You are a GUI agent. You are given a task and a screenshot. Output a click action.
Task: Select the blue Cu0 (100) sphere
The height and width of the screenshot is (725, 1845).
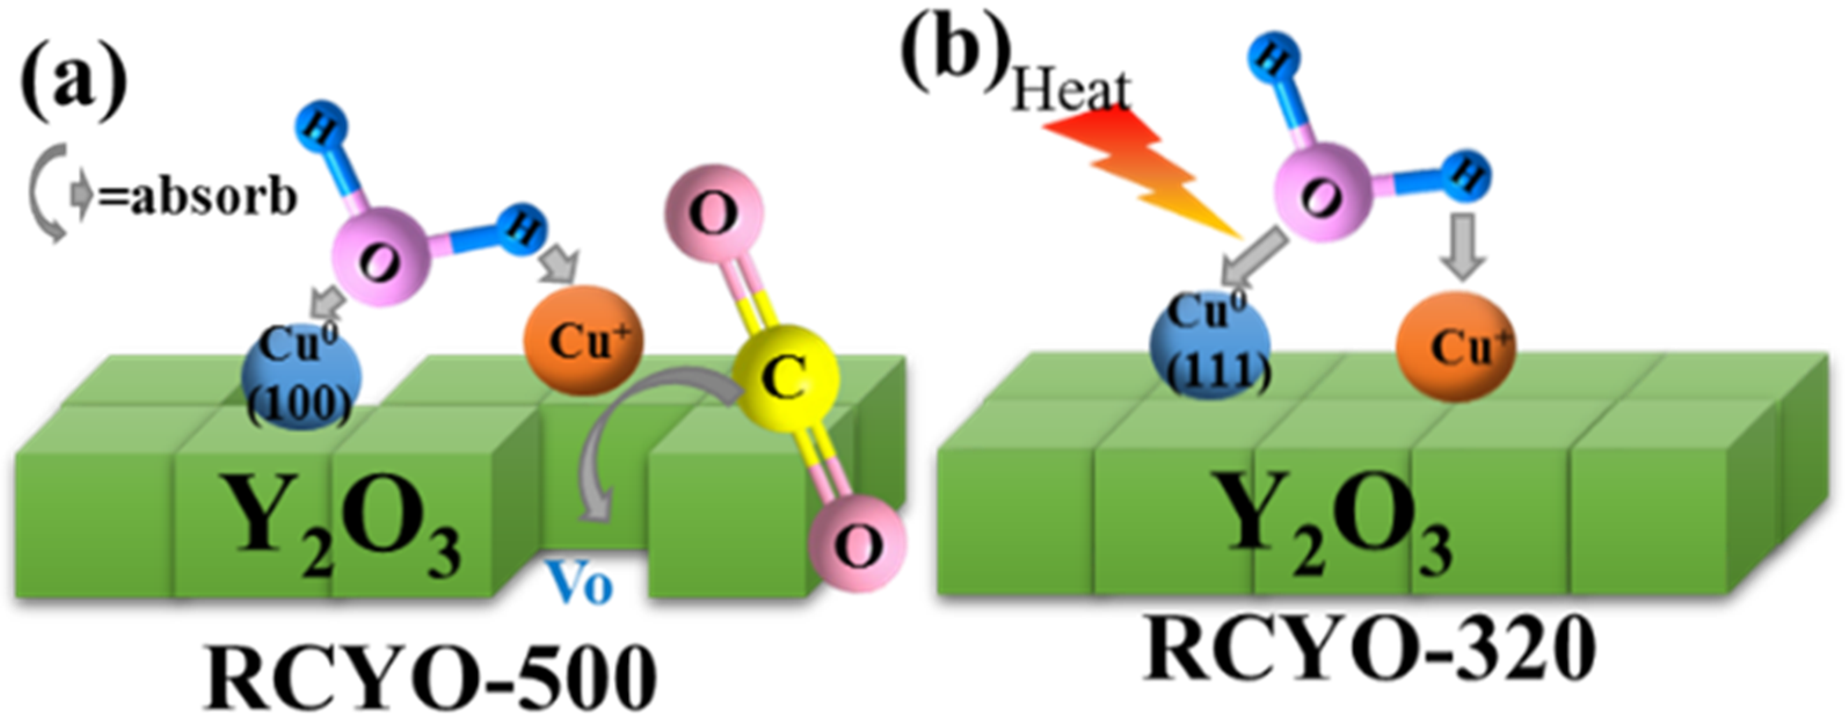[x=301, y=376]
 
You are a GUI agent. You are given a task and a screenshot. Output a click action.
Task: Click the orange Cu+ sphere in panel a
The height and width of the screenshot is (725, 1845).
[x=583, y=340]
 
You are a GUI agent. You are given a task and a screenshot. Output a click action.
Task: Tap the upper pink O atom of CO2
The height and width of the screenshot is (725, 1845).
[x=714, y=214]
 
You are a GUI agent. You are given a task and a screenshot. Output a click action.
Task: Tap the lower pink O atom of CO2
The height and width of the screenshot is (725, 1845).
[x=858, y=544]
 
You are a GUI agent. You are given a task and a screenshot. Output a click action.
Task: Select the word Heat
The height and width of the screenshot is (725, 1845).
[x=1070, y=89]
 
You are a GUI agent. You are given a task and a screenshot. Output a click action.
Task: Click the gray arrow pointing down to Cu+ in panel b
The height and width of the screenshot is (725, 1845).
[x=1462, y=247]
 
